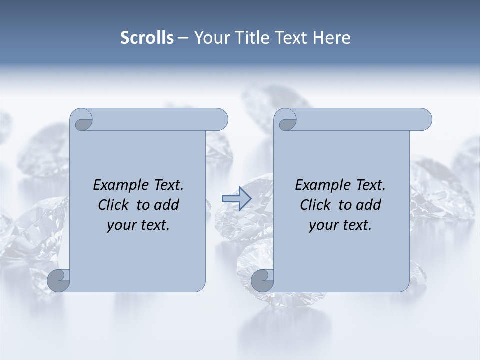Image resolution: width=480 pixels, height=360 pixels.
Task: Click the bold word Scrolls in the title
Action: point(147,38)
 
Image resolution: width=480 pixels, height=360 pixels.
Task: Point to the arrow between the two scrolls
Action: point(236,198)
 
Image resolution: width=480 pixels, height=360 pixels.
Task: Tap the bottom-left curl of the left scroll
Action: point(59,280)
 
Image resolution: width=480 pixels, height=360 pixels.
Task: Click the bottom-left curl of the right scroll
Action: point(262,280)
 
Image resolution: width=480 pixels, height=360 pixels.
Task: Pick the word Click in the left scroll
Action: point(113,205)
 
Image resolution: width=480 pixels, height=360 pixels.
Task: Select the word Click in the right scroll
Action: point(315,205)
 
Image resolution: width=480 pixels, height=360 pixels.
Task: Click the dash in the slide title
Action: point(183,38)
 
